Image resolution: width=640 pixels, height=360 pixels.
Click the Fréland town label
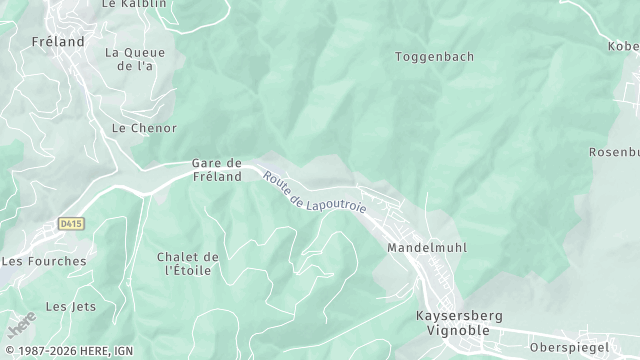tap(58, 42)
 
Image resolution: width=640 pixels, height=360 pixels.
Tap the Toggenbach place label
tap(434, 56)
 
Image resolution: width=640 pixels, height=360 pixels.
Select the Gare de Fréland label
tap(217, 170)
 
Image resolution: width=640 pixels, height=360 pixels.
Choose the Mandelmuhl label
tap(427, 247)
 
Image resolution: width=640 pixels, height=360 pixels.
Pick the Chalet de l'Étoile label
tap(188, 264)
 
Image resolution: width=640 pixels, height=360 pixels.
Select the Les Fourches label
tap(44, 261)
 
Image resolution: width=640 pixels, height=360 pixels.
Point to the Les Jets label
tap(71, 306)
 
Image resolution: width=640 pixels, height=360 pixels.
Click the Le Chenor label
tap(144, 128)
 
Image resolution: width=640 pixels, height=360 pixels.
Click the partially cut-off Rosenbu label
tap(614, 152)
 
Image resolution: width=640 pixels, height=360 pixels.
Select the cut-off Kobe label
tap(622, 46)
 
